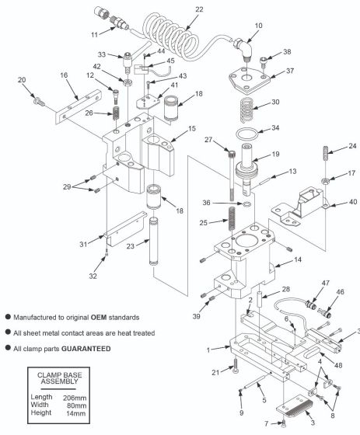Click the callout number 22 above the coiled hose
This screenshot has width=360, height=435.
click(x=199, y=9)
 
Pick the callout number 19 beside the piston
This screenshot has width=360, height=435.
click(x=274, y=155)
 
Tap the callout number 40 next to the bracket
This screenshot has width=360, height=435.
click(x=351, y=205)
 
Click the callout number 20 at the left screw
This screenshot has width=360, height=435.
click(x=22, y=79)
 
